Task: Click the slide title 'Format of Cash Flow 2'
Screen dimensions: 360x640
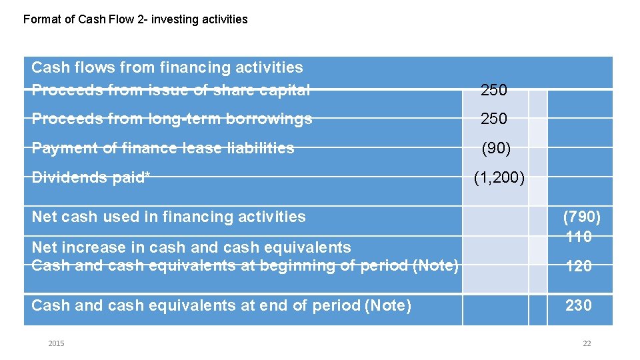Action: (135, 19)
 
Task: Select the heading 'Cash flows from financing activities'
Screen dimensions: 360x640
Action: (167, 67)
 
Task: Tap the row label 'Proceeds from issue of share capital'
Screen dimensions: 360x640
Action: (171, 89)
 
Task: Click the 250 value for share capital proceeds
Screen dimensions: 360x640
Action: (494, 90)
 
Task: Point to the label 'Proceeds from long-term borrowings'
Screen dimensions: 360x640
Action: (172, 119)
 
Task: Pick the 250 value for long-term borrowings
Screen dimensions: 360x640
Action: (494, 119)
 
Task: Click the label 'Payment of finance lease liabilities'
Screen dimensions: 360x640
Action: (163, 148)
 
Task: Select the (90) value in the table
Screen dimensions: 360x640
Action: (496, 149)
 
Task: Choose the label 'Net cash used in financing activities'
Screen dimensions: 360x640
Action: (169, 217)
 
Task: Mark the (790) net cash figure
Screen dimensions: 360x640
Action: (581, 217)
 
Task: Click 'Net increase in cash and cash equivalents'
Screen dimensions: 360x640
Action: (191, 247)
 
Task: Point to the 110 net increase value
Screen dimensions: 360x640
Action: (579, 237)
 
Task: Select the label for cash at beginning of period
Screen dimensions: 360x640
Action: (245, 265)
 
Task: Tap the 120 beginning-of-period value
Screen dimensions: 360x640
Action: (579, 267)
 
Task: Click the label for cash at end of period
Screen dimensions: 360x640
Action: (221, 305)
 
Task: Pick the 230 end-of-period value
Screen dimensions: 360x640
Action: (579, 305)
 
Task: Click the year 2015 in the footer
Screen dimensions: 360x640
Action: (57, 343)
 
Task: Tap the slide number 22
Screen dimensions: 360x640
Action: (587, 343)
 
